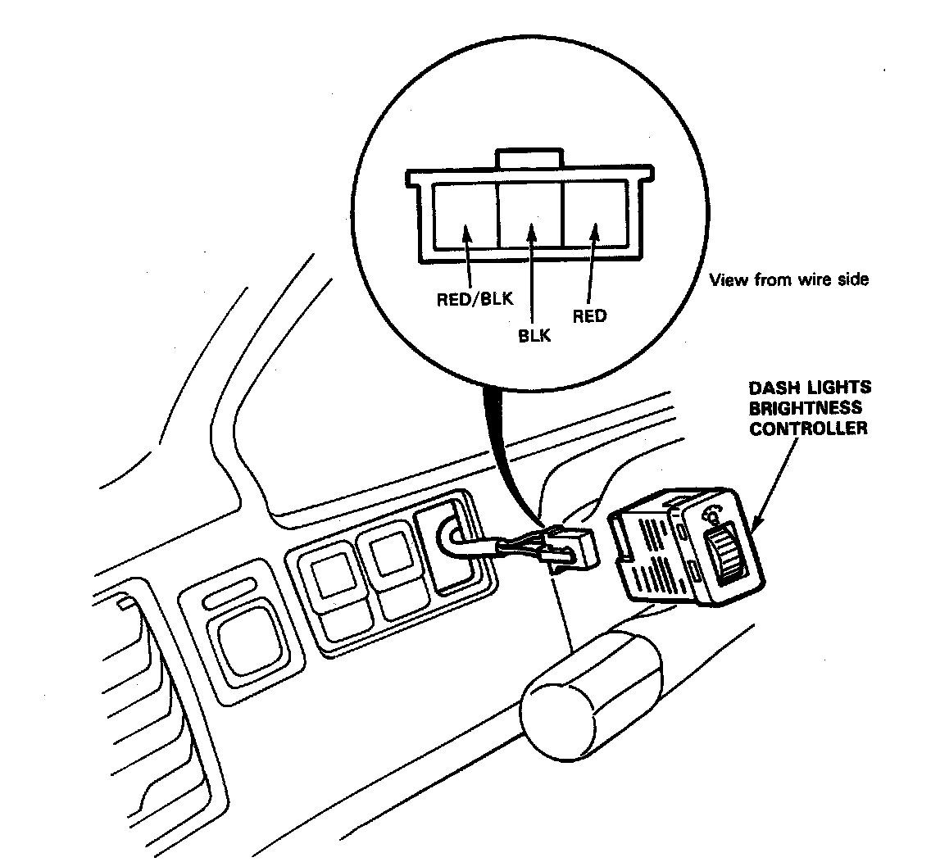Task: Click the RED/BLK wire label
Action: point(475,298)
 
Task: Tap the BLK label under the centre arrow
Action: point(534,335)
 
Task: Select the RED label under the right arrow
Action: point(589,315)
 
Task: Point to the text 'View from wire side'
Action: point(788,280)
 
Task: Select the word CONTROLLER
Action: point(808,428)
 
